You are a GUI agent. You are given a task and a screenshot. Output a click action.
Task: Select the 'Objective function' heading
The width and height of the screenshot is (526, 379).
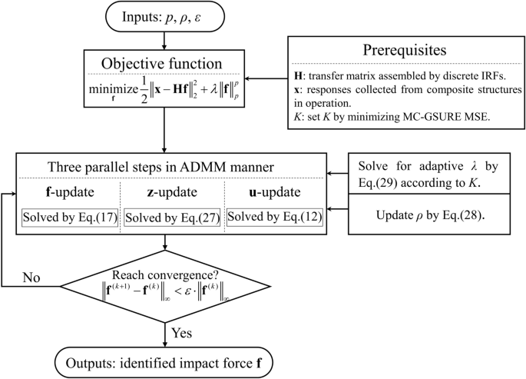point(165,64)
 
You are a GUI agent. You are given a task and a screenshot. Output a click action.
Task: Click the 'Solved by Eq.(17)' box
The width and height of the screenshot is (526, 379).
point(71,218)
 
